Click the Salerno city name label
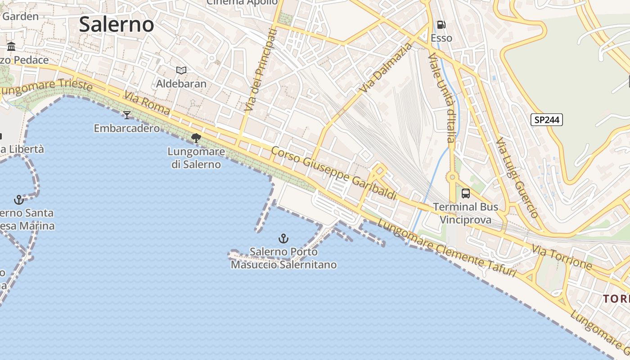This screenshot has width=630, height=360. pos(117,24)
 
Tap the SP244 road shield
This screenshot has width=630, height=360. pos(547,120)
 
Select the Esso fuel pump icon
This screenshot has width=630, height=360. pos(441,25)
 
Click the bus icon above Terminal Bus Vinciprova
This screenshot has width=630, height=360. pos(466,193)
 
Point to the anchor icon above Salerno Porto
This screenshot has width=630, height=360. pos(283,238)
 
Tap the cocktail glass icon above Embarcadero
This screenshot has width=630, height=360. pos(127,115)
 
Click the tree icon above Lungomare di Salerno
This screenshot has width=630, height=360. pos(196,138)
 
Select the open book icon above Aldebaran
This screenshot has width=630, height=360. pos(181,70)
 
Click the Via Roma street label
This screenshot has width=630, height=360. pos(148,104)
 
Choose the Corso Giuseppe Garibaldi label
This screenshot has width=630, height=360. pos(333,172)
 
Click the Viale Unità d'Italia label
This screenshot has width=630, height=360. pos(442,98)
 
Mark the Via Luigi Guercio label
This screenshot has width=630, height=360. pos(517,178)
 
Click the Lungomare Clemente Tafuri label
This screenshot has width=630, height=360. pos(446,248)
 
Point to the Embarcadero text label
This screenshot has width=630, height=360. pos(126,128)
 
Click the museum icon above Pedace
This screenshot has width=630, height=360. pos(11,46)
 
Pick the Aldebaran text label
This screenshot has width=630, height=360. pos(181,84)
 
